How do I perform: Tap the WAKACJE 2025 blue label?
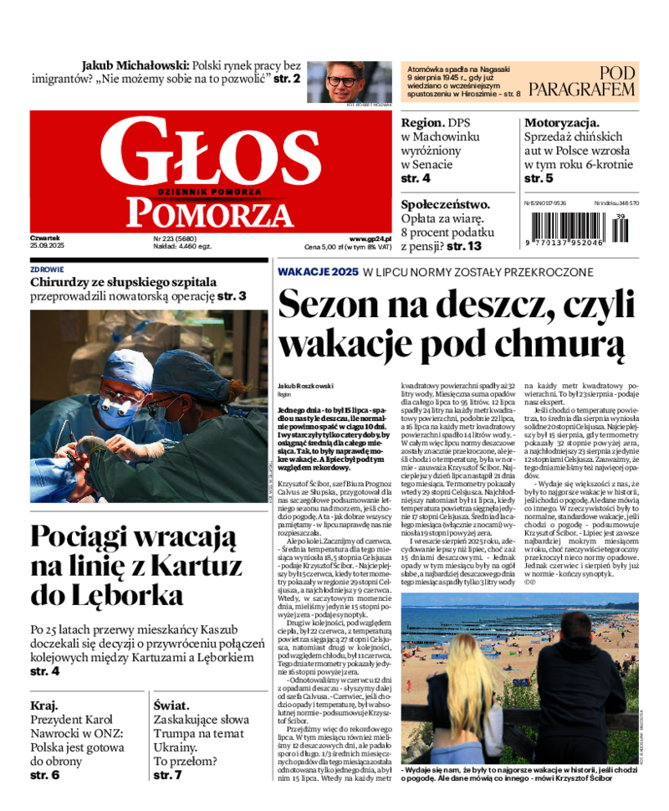(318, 272)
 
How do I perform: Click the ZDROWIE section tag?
(47, 269)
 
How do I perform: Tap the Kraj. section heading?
(43, 705)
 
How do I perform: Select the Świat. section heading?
(171, 705)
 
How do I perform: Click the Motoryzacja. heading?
(562, 122)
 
